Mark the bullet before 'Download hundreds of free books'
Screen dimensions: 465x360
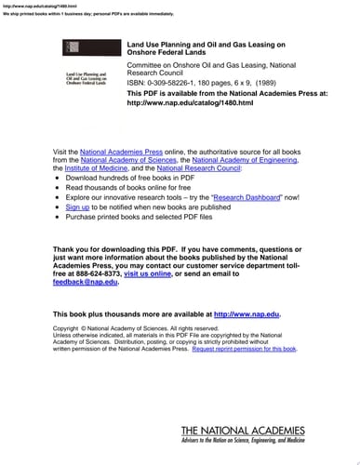click(59, 178)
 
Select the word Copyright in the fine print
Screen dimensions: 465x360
click(66, 328)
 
